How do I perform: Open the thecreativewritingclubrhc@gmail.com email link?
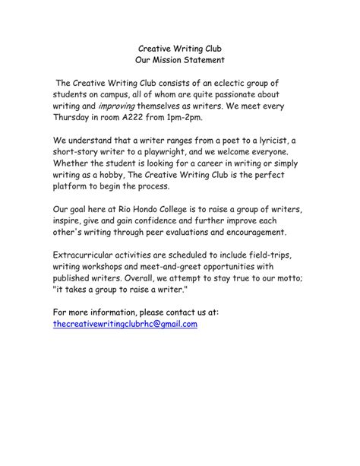coord(125,323)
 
